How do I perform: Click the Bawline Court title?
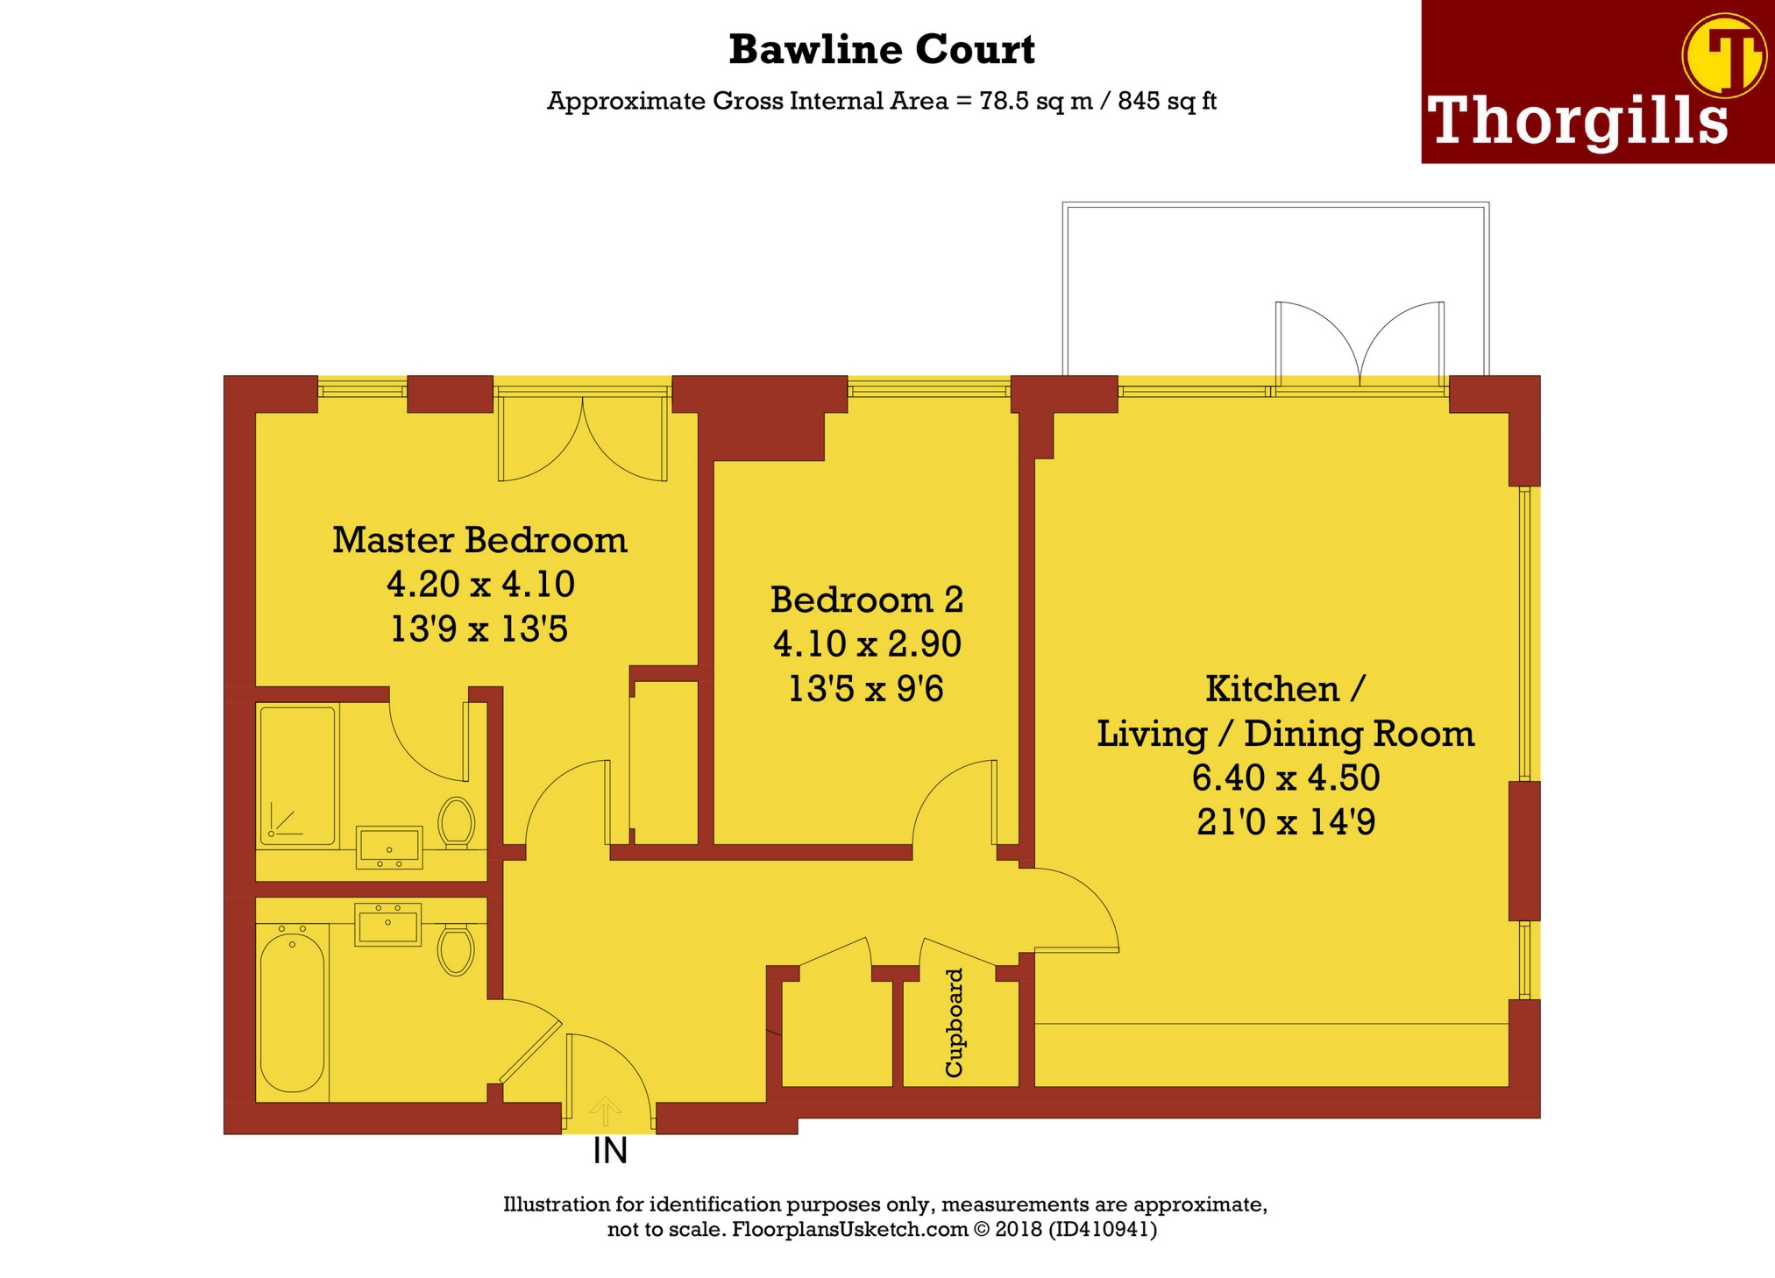click(x=881, y=50)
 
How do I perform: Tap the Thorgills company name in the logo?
click(x=1577, y=121)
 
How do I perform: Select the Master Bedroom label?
click(x=479, y=540)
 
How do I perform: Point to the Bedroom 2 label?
click(x=866, y=600)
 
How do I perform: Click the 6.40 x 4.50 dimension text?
click(x=1285, y=777)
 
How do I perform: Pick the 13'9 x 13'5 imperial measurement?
click(x=479, y=629)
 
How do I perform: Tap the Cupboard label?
click(x=954, y=1022)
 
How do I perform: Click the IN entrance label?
click(x=610, y=1151)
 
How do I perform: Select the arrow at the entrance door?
click(x=605, y=1111)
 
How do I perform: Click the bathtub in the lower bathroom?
click(x=292, y=1012)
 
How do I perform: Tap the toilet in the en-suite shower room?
click(x=456, y=821)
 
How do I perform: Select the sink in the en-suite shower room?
click(x=389, y=846)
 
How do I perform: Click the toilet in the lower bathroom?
click(x=456, y=949)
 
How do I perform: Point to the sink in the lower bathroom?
click(x=387, y=924)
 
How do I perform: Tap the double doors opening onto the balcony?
click(x=1360, y=346)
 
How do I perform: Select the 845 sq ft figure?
click(x=1167, y=102)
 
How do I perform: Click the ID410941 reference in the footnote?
click(x=1103, y=1229)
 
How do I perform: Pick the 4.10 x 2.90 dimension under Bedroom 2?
click(x=866, y=644)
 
